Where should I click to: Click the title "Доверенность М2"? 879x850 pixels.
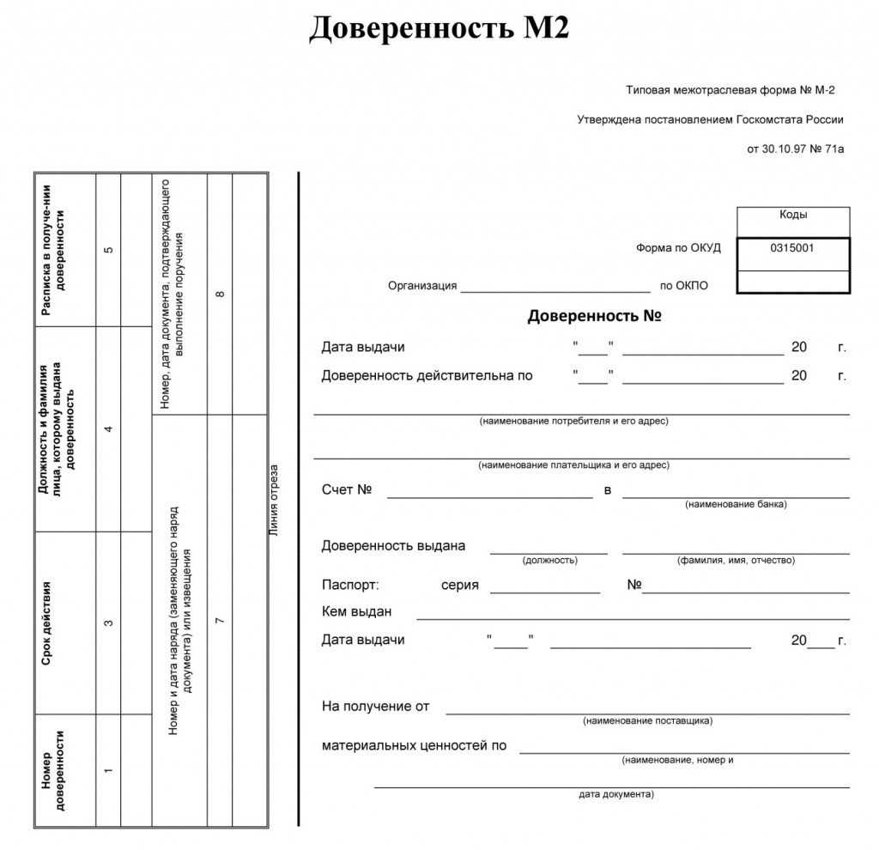(439, 29)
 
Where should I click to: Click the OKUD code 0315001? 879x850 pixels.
(792, 248)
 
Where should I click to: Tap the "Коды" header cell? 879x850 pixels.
(792, 216)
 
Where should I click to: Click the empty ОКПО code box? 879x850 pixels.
(792, 282)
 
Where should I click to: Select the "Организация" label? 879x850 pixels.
(422, 286)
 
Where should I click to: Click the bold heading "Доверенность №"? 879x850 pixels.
(594, 316)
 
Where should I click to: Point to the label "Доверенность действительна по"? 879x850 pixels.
(427, 375)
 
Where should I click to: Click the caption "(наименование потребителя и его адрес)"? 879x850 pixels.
(573, 421)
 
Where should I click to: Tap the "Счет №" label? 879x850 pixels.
(346, 489)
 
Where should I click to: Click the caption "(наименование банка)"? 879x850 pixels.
(736, 504)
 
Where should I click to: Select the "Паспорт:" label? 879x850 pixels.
(349, 586)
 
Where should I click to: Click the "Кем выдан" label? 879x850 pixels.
(356, 611)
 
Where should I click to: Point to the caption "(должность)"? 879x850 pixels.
(549, 560)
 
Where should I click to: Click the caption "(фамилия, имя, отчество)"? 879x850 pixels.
(736, 560)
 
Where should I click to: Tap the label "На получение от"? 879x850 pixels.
(375, 706)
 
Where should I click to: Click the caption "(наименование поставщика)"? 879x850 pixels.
(647, 720)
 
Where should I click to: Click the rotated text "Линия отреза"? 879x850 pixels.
(274, 500)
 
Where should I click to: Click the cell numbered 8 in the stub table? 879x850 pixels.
(220, 294)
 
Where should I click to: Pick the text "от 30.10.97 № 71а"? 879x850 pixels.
(796, 149)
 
